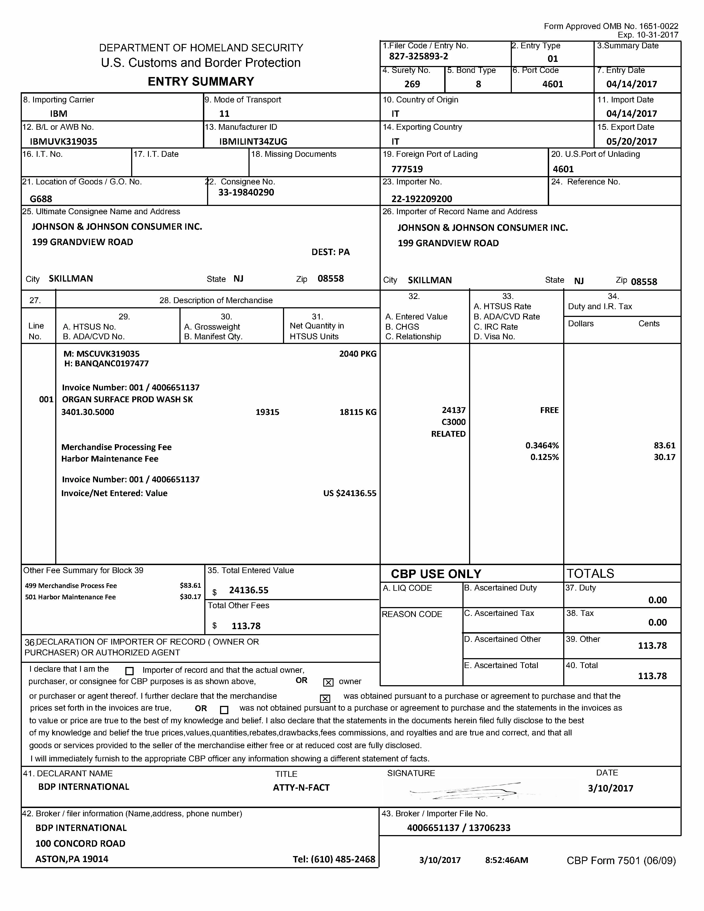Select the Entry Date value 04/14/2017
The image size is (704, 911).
631,84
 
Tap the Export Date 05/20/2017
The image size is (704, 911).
631,141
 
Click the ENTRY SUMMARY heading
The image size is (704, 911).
201,81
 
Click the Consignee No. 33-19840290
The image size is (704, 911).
246,193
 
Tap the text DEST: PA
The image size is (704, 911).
330,252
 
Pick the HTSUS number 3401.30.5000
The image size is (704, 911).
88,412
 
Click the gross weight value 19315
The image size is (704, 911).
267,412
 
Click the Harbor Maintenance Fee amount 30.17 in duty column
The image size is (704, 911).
664,457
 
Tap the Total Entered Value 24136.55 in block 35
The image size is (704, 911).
248,590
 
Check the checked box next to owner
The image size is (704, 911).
328,682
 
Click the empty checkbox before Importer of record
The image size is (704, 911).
129,671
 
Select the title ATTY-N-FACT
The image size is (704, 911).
301,788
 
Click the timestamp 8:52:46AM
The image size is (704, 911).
506,860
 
